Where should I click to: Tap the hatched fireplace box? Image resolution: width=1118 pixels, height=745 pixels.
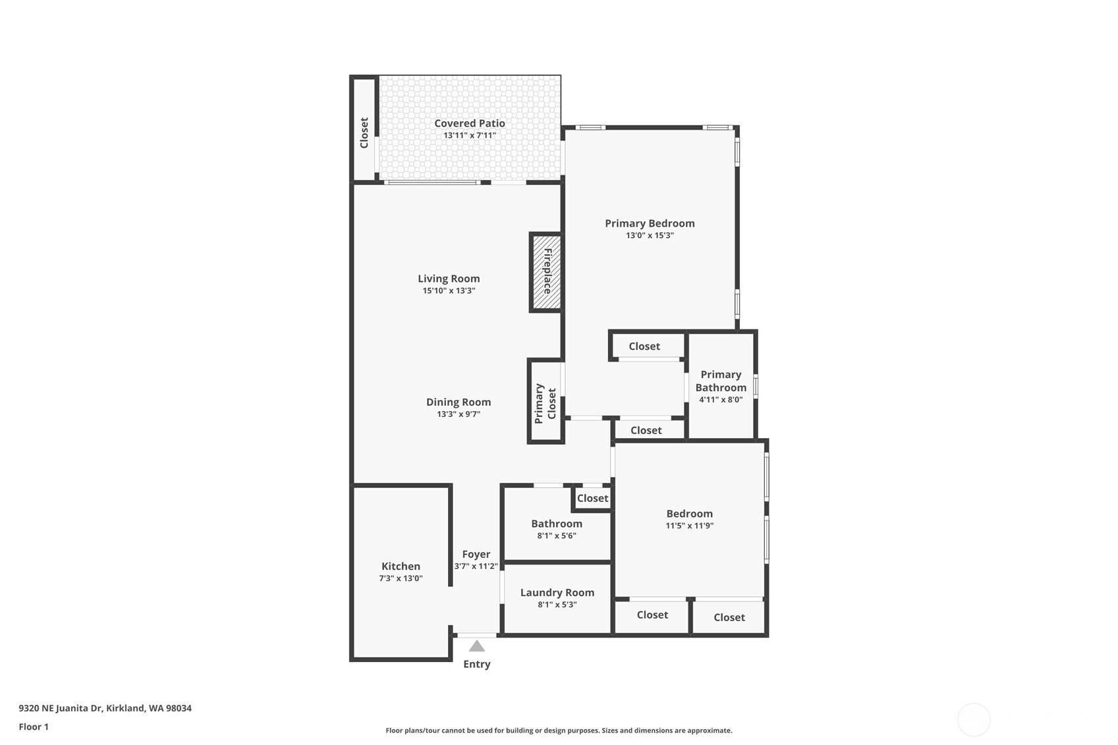click(547, 272)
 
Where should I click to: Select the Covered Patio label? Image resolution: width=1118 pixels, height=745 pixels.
click(470, 123)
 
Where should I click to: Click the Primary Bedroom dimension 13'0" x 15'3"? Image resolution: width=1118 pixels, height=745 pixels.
click(650, 236)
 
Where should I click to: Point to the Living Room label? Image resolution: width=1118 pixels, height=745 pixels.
click(449, 279)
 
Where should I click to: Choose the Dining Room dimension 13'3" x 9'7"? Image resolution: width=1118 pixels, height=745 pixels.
click(459, 414)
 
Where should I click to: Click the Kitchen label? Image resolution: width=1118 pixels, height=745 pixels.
click(401, 566)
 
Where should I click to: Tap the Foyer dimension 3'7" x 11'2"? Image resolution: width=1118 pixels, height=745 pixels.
click(476, 566)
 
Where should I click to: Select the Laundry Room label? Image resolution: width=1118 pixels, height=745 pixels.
click(557, 593)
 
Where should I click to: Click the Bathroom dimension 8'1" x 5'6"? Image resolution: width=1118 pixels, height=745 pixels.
click(557, 536)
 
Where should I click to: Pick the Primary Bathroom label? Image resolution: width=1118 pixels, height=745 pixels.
click(721, 381)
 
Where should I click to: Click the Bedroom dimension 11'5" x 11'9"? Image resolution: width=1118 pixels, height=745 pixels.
click(690, 526)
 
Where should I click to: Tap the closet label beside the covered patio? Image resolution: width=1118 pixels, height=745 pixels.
click(364, 133)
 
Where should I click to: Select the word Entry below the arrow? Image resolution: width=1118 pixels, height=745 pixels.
click(476, 664)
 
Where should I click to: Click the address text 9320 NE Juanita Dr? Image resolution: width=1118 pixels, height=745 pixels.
click(61, 708)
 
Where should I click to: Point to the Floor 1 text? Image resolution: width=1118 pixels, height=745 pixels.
click(34, 727)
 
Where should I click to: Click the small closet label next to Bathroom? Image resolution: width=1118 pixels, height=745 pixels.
click(592, 498)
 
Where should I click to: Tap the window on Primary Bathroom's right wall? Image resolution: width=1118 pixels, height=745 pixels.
click(756, 387)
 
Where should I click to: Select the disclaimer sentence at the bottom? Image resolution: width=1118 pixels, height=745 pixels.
click(559, 731)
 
